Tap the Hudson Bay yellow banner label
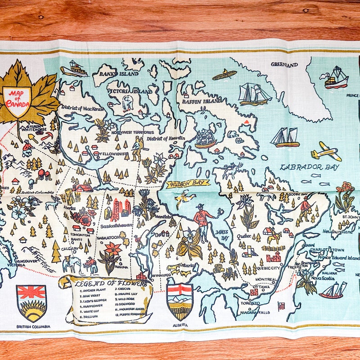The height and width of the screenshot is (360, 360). (188, 183)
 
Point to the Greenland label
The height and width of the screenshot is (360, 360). (284, 65)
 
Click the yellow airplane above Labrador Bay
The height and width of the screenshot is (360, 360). (326, 151)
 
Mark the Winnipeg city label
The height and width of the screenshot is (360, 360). (161, 275)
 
